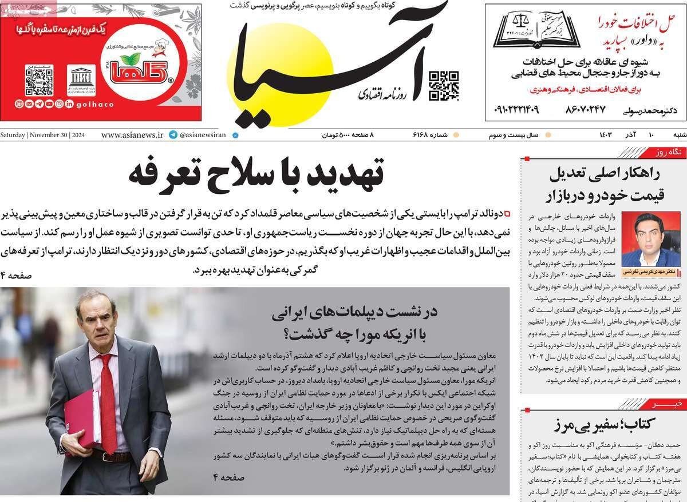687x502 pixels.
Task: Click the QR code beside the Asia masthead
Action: point(444,85)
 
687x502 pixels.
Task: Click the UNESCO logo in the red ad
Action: point(81,80)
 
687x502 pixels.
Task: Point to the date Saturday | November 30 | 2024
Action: point(43,136)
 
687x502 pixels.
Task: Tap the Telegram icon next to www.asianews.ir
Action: point(173,136)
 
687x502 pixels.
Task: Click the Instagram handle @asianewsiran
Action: point(203,136)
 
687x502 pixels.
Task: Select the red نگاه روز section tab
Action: point(669,152)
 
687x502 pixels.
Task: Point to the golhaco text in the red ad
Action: point(95,104)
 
